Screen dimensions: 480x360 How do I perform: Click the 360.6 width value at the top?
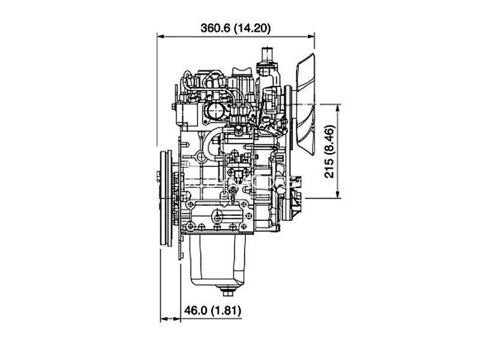[x=215, y=28]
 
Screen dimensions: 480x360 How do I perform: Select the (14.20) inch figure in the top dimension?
[x=252, y=28]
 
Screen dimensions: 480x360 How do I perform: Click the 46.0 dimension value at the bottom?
[x=196, y=310]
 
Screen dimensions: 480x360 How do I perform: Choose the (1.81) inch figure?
[x=226, y=310]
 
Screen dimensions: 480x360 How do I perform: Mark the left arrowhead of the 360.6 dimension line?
[x=161, y=37]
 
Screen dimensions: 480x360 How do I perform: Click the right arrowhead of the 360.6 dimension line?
[x=311, y=37]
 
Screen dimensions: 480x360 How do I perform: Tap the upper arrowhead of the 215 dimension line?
[x=338, y=108]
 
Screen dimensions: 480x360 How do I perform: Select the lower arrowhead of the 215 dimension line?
[x=338, y=194]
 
